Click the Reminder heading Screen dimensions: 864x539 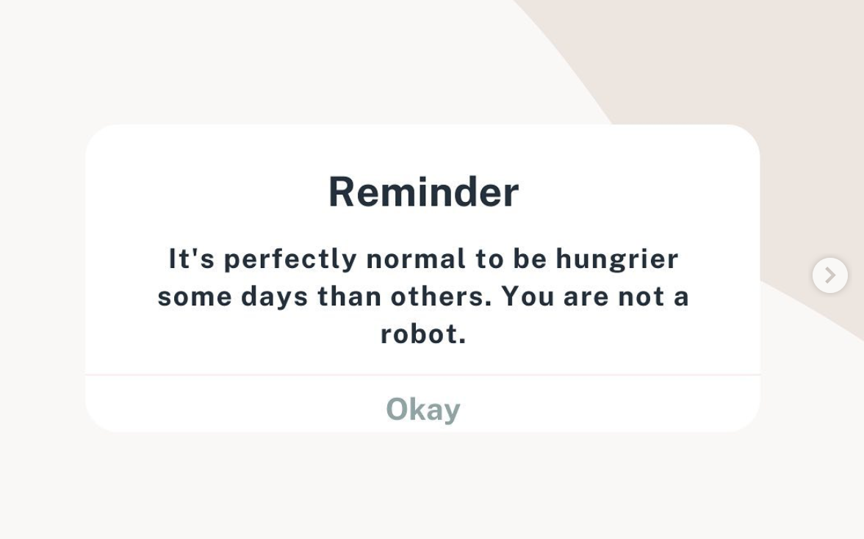(x=423, y=192)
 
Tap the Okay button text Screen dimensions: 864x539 (x=423, y=409)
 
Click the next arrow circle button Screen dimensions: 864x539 (x=830, y=275)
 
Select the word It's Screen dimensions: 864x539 (x=191, y=258)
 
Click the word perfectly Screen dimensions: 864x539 (x=289, y=259)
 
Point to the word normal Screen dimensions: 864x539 (x=416, y=258)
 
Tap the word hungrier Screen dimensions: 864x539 (x=616, y=259)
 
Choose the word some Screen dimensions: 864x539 (x=195, y=297)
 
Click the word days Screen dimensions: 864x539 (x=274, y=297)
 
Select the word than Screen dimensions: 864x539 (x=350, y=296)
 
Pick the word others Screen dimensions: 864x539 (x=441, y=296)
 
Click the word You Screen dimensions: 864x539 (x=528, y=296)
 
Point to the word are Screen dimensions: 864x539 (x=586, y=297)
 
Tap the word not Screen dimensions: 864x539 (x=641, y=297)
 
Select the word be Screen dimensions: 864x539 (x=530, y=258)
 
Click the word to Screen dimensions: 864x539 (x=489, y=258)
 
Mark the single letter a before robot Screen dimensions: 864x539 (x=681, y=297)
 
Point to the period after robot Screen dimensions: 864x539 (x=462, y=341)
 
